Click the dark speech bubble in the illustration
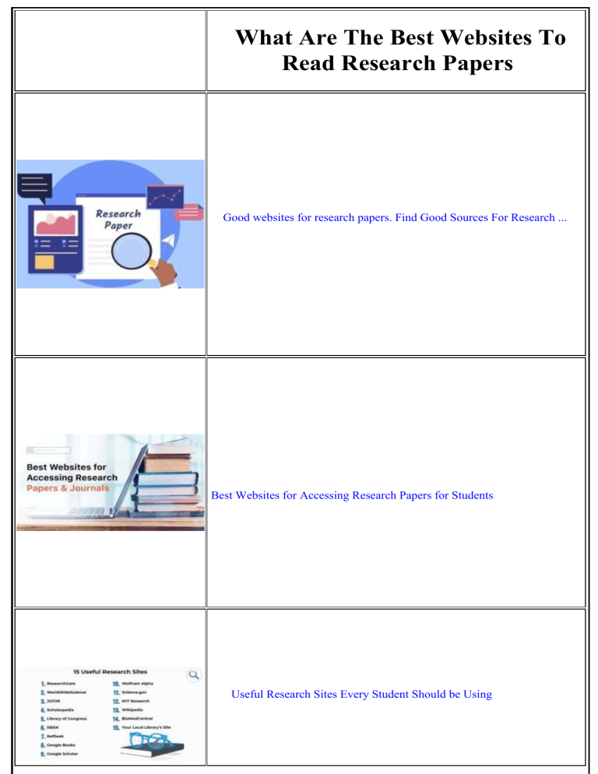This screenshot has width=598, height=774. pos(35,188)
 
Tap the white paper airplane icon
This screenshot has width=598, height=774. pos(171,240)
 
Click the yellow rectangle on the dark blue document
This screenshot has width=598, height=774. pos(44,262)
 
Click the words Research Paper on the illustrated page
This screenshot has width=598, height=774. pos(118,220)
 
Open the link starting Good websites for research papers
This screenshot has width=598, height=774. pos(395,218)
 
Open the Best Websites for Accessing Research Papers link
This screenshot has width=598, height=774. pos(352,495)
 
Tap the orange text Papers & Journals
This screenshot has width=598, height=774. pos(68,489)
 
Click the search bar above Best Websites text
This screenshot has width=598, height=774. pos(48,450)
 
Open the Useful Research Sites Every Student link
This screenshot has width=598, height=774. pos(361,694)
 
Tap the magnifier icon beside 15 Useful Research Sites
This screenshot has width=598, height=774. pos(194,675)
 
